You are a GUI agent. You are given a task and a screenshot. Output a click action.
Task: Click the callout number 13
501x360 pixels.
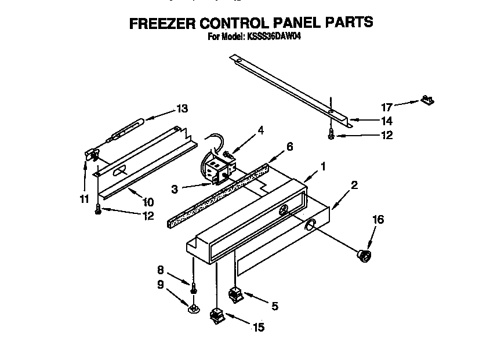(182, 108)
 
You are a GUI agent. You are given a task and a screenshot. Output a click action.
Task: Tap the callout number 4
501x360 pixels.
(261, 131)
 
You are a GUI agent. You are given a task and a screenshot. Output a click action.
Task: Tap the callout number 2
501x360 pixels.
(354, 186)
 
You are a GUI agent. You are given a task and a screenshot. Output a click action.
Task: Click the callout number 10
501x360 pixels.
(148, 202)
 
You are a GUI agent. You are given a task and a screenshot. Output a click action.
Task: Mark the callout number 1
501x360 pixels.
(323, 166)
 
